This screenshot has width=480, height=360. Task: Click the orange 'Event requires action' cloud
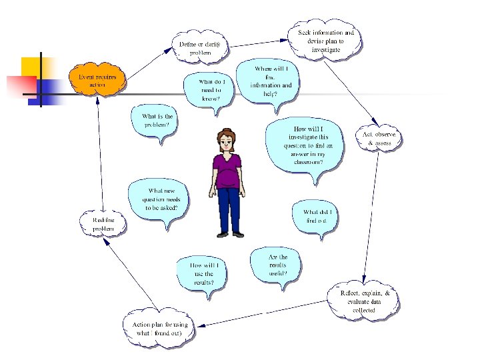pos(97,81)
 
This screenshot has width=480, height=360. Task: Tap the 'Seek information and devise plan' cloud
pos(326,41)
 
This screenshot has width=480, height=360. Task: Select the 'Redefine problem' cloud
pos(103,224)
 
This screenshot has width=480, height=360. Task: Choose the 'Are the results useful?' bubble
pos(277,265)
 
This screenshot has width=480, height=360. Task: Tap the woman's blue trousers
pos(229,207)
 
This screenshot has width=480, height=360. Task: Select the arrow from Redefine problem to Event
pos(99,153)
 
